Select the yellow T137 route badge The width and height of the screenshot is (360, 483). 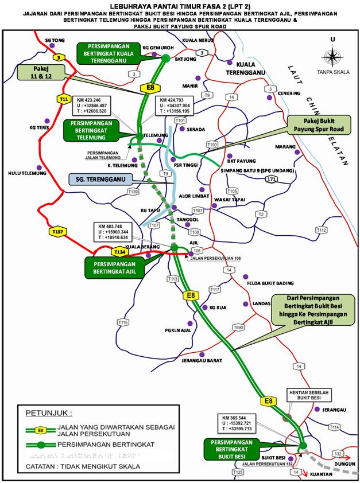[x=57, y=231]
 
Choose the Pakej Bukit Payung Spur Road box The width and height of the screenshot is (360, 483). [x=315, y=126]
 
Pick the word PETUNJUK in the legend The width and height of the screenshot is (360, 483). [x=48, y=412]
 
